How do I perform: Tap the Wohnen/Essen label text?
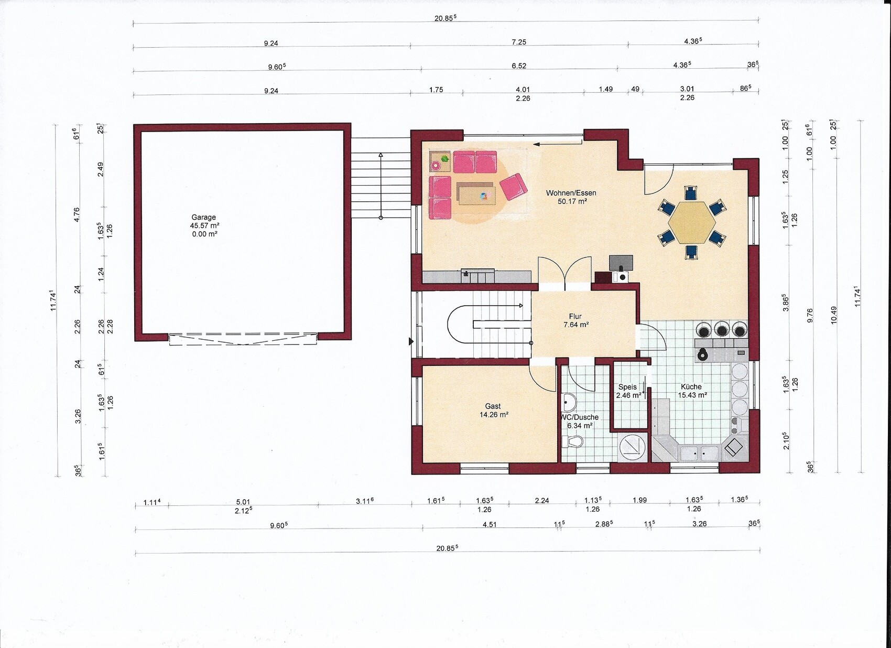click(571, 193)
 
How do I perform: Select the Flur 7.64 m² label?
click(575, 320)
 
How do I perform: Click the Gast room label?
click(493, 410)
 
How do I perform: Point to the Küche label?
click(692, 391)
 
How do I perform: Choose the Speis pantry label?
click(628, 391)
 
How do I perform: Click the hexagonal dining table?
click(692, 222)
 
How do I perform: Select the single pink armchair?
click(513, 187)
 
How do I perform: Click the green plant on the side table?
click(445, 158)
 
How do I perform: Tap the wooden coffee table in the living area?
click(476, 195)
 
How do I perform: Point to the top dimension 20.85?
click(445, 18)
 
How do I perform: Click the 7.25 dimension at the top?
click(519, 42)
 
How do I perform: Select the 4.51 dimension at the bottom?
click(489, 524)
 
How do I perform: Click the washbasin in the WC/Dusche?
click(568, 402)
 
